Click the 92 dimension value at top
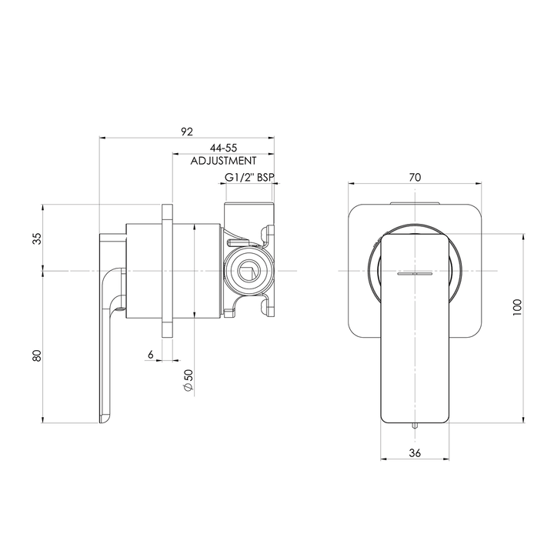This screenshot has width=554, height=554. click(x=186, y=132)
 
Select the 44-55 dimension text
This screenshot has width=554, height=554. click(x=223, y=148)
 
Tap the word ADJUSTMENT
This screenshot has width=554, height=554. click(x=223, y=162)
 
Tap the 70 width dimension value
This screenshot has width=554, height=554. click(x=415, y=177)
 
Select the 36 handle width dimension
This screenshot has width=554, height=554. click(x=415, y=453)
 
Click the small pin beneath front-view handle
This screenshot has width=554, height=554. click(x=415, y=426)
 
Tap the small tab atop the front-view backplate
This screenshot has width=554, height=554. click(x=415, y=203)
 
